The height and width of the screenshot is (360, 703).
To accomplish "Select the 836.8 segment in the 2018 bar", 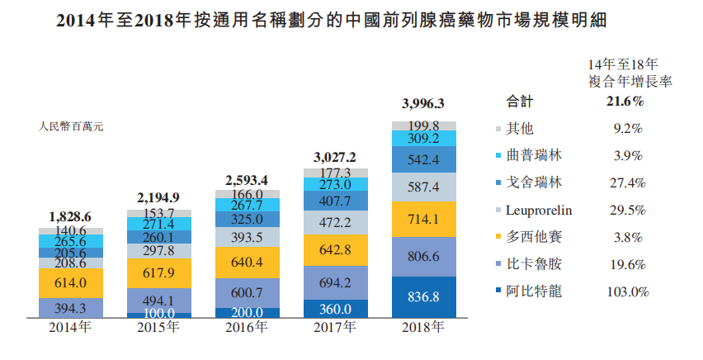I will [423, 296].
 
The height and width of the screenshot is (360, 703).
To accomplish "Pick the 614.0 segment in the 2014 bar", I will [70, 283].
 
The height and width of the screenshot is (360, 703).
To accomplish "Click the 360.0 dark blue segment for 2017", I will [335, 307].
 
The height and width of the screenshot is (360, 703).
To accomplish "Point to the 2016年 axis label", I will [246, 327].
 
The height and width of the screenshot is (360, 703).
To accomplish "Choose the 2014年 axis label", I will [70, 327].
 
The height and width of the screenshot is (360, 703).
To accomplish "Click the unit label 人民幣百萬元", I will [71, 127].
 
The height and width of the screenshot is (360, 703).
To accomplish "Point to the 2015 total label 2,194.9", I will [158, 197].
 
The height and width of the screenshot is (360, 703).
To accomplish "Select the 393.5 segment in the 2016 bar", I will [247, 238].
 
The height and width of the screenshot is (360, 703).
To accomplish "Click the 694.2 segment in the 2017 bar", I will [335, 283].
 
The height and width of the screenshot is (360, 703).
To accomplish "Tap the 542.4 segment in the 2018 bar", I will [423, 159].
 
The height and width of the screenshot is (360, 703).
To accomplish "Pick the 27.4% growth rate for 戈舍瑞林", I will [625, 182].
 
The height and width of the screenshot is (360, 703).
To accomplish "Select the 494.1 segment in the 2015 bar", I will [158, 300].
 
